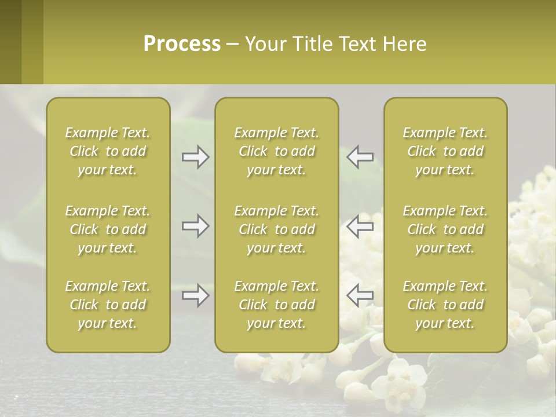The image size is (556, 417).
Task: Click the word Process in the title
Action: tap(182, 44)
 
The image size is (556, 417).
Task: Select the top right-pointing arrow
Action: tap(196, 158)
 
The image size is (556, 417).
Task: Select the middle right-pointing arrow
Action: tap(196, 226)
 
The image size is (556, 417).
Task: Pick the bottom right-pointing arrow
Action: tap(196, 295)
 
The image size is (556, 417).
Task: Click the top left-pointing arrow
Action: tap(360, 158)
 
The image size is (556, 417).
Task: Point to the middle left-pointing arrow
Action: tap(360, 226)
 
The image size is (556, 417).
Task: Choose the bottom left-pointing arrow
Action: tap(360, 295)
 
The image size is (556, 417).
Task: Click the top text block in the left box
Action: tap(108, 151)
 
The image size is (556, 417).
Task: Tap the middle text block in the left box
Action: tap(108, 229)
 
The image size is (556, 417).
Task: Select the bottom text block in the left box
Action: tap(108, 305)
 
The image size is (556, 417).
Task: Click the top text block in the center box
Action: tap(277, 151)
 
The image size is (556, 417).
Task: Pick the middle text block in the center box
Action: tap(277, 229)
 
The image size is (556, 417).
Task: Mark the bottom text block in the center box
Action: tap(277, 305)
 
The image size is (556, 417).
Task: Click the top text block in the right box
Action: tap(445, 151)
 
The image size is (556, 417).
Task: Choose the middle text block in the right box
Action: tap(445, 229)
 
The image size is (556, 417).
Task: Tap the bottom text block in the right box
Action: tap(445, 305)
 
